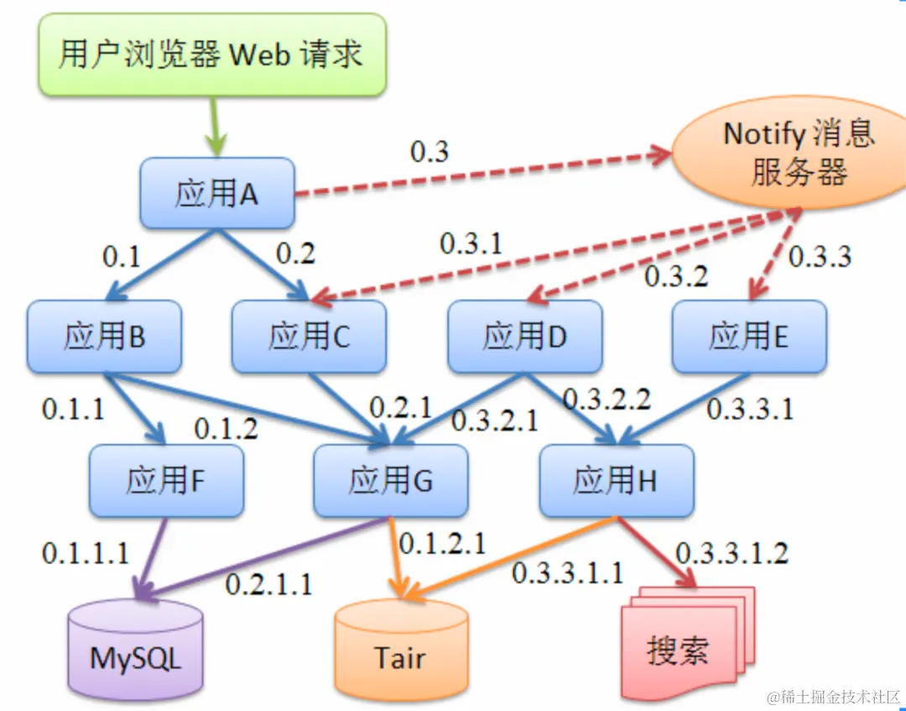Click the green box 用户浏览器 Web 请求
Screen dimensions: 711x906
(x=211, y=55)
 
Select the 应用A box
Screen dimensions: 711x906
(x=216, y=193)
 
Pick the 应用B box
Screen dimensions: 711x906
(x=104, y=337)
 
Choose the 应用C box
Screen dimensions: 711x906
(x=309, y=337)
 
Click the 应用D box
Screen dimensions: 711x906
(x=524, y=337)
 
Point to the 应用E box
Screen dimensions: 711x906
(x=748, y=337)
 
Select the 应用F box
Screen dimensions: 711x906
(x=166, y=481)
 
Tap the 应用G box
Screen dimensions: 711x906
(x=390, y=481)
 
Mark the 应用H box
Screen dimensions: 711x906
(x=616, y=481)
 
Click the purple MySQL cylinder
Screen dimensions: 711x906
(x=135, y=651)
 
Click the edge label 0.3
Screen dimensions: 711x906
(x=429, y=152)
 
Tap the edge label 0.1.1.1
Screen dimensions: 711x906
(x=85, y=553)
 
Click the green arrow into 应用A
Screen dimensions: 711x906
(x=216, y=126)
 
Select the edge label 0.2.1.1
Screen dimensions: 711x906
(x=268, y=583)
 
